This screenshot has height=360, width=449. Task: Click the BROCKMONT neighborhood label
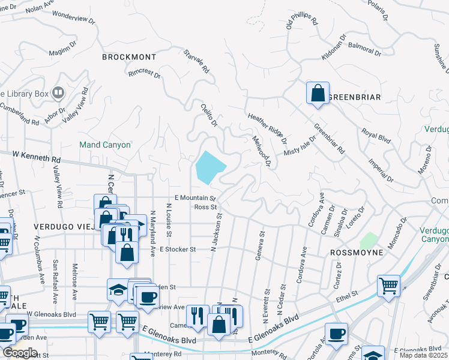tap(129, 57)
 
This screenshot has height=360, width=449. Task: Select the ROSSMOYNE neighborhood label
tap(357, 253)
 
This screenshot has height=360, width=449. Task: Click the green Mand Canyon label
tap(105, 145)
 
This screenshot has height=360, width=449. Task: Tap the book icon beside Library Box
tap(58, 92)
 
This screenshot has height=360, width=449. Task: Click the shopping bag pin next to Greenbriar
tap(318, 94)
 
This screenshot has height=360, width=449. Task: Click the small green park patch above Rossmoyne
tap(369, 241)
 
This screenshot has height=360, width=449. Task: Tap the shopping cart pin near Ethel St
tap(389, 286)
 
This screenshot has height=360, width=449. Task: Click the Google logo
tap(20, 353)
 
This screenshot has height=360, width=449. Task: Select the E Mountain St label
tap(194, 197)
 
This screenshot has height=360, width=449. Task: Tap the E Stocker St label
tap(176, 248)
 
